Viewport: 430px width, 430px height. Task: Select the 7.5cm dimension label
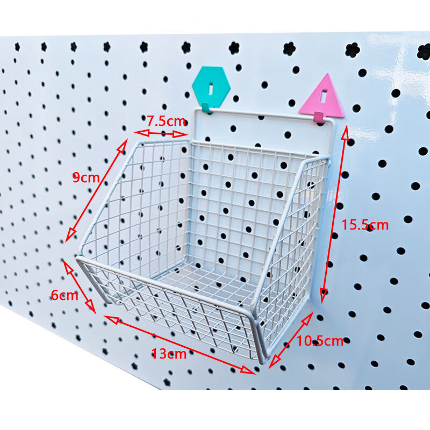(166, 121)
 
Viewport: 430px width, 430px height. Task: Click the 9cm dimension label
(86, 177)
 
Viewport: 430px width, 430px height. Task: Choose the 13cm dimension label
(169, 354)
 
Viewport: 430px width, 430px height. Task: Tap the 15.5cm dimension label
(365, 225)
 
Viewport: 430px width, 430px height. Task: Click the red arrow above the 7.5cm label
(161, 133)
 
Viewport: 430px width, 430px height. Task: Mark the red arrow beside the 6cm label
(79, 286)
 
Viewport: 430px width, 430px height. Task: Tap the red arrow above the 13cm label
(180, 344)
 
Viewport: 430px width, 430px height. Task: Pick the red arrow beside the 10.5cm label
(291, 340)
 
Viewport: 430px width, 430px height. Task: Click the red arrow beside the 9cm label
(97, 190)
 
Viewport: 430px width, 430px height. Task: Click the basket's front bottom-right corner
(260, 360)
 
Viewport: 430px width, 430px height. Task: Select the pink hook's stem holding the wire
(319, 117)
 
